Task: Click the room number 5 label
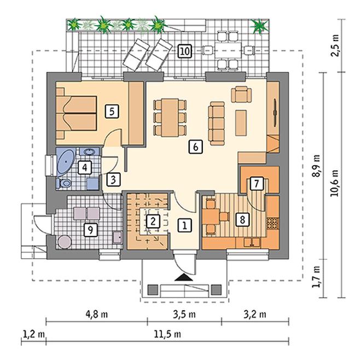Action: pyautogui.click(x=112, y=112)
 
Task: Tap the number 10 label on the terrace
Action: pyautogui.click(x=185, y=51)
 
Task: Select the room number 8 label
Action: pyautogui.click(x=242, y=219)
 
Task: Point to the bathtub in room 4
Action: pyautogui.click(x=66, y=162)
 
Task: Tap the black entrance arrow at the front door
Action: pyautogui.click(x=183, y=277)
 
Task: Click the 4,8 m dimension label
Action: pyautogui.click(x=96, y=315)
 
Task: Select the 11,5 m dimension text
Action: pyautogui.click(x=167, y=334)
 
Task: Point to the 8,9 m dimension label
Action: pyautogui.click(x=316, y=165)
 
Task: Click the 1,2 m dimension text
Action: pyautogui.click(x=33, y=334)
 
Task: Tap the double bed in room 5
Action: pyautogui.click(x=76, y=113)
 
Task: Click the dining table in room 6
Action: pyautogui.click(x=170, y=118)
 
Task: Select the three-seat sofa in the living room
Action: pyautogui.click(x=217, y=124)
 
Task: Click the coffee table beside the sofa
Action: pyautogui.click(x=241, y=123)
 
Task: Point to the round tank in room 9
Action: pyautogui.click(x=65, y=242)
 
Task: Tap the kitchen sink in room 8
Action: pyautogui.click(x=252, y=242)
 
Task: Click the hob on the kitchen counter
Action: pyautogui.click(x=272, y=223)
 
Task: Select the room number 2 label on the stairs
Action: pyautogui.click(x=153, y=221)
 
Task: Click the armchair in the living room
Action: pyautogui.click(x=241, y=94)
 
